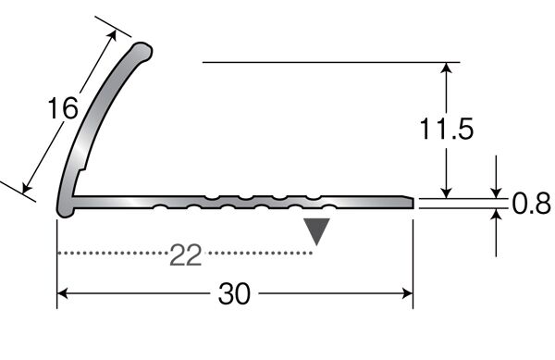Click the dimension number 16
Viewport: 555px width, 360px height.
coord(63,108)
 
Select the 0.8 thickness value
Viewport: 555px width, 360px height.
coord(531,204)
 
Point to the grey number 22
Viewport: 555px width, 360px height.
coord(186,254)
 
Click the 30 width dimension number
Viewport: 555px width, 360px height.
coord(234,293)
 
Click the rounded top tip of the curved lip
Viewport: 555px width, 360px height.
coord(144,51)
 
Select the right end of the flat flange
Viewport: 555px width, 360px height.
coord(413,203)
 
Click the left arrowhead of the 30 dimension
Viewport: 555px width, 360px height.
coord(62,293)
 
